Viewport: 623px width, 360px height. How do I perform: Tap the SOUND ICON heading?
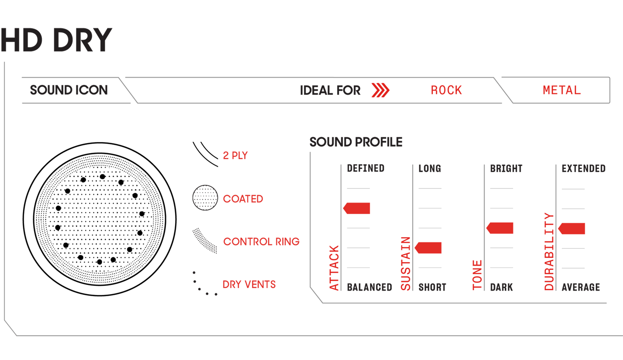69,90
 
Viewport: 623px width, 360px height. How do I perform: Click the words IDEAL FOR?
330,91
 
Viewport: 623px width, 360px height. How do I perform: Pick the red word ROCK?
446,91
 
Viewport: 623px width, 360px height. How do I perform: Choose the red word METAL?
561,91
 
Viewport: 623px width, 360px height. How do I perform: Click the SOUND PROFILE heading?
356,142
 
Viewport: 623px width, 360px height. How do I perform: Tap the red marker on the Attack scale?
357,209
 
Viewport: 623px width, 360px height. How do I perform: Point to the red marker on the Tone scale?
501,229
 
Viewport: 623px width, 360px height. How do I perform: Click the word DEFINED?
366,169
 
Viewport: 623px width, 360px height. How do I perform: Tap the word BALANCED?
369,287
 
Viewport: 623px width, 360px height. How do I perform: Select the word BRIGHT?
506,169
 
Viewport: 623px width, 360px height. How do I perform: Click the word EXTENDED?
583,169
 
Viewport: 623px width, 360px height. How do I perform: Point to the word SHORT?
432,287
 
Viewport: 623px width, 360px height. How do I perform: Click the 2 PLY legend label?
235,156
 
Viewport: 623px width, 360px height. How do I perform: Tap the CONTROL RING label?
261,241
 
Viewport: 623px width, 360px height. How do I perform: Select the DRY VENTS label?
249,285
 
